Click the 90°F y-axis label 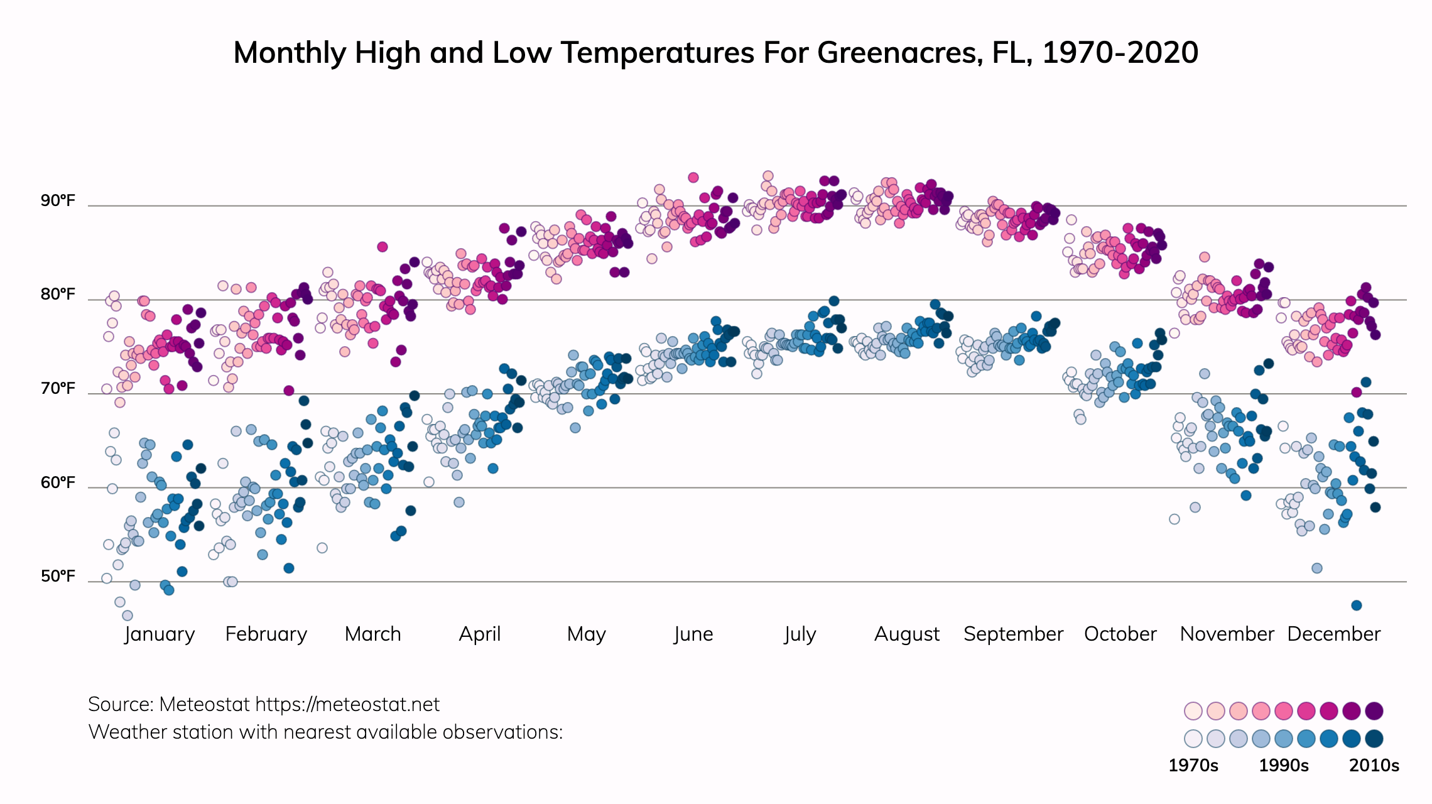(x=58, y=201)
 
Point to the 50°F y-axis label (x=58, y=577)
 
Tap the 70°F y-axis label (x=58, y=389)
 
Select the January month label (x=160, y=634)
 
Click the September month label (x=1013, y=634)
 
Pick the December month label (x=1333, y=634)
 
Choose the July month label (x=800, y=634)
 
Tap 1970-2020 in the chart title (x=1120, y=53)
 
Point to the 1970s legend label (x=1193, y=766)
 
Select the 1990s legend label (x=1284, y=766)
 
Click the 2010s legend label (x=1374, y=766)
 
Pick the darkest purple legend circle (x=1374, y=711)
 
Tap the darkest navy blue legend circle (x=1374, y=739)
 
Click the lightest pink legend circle (x=1193, y=711)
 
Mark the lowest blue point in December (x=1356, y=606)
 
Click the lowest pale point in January (x=127, y=616)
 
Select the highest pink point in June (x=693, y=178)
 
